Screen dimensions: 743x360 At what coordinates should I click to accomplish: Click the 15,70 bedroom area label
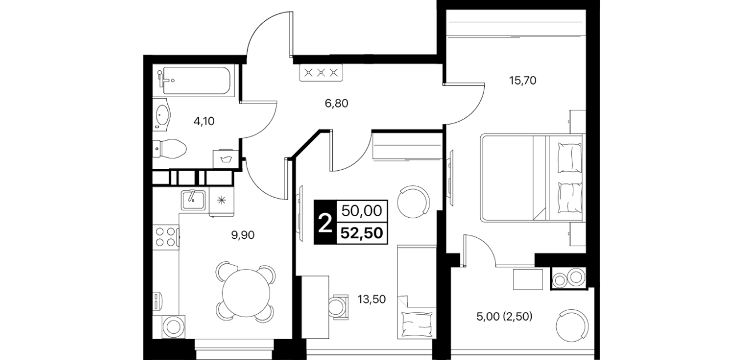tap(523, 81)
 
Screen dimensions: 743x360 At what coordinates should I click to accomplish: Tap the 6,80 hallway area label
tap(336, 103)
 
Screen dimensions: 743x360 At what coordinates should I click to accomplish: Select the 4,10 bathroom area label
tap(204, 122)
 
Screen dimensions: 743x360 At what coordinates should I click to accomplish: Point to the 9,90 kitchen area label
tap(243, 235)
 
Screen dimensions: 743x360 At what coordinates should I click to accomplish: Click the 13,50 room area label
tap(371, 299)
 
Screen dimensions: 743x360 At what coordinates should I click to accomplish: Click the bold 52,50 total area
tap(362, 233)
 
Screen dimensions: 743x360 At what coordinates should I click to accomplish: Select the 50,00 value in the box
tap(362, 211)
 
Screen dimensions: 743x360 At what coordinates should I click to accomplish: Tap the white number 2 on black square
tap(325, 223)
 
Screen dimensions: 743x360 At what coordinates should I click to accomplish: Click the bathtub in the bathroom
tap(194, 81)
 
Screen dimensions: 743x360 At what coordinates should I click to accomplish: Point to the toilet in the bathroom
tap(169, 149)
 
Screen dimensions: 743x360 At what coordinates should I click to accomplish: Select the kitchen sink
tap(193, 200)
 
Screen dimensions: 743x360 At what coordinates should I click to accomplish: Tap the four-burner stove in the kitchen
tap(166, 236)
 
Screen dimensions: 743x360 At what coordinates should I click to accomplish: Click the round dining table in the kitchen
tap(246, 293)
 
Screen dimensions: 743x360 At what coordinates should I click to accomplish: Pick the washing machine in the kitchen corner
tap(174, 326)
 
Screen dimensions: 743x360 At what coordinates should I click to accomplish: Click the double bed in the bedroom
tap(532, 178)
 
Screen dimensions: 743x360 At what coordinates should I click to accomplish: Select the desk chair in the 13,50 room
tap(338, 307)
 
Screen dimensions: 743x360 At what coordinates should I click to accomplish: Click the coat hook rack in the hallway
tap(321, 73)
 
